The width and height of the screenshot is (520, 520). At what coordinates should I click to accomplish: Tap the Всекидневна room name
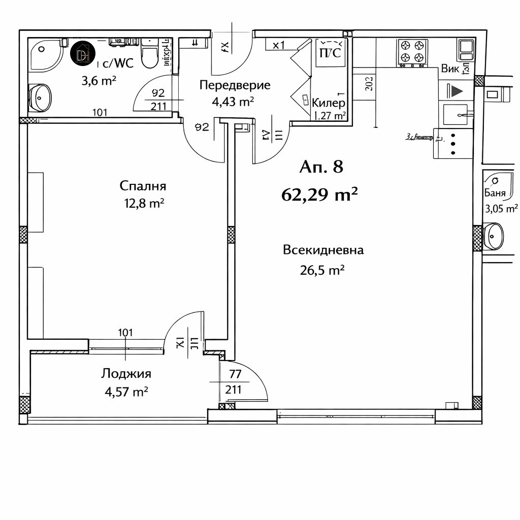(323, 250)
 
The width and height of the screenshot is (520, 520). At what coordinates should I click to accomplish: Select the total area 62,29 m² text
(320, 194)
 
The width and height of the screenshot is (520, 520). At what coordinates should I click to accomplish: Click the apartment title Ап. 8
(321, 167)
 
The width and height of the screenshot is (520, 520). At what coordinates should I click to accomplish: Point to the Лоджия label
(126, 374)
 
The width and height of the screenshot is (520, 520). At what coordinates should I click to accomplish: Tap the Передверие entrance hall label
(235, 85)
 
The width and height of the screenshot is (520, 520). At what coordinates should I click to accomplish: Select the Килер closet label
(329, 103)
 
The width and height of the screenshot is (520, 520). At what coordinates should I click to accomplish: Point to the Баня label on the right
(495, 193)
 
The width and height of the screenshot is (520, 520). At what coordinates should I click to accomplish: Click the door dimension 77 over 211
(234, 382)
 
